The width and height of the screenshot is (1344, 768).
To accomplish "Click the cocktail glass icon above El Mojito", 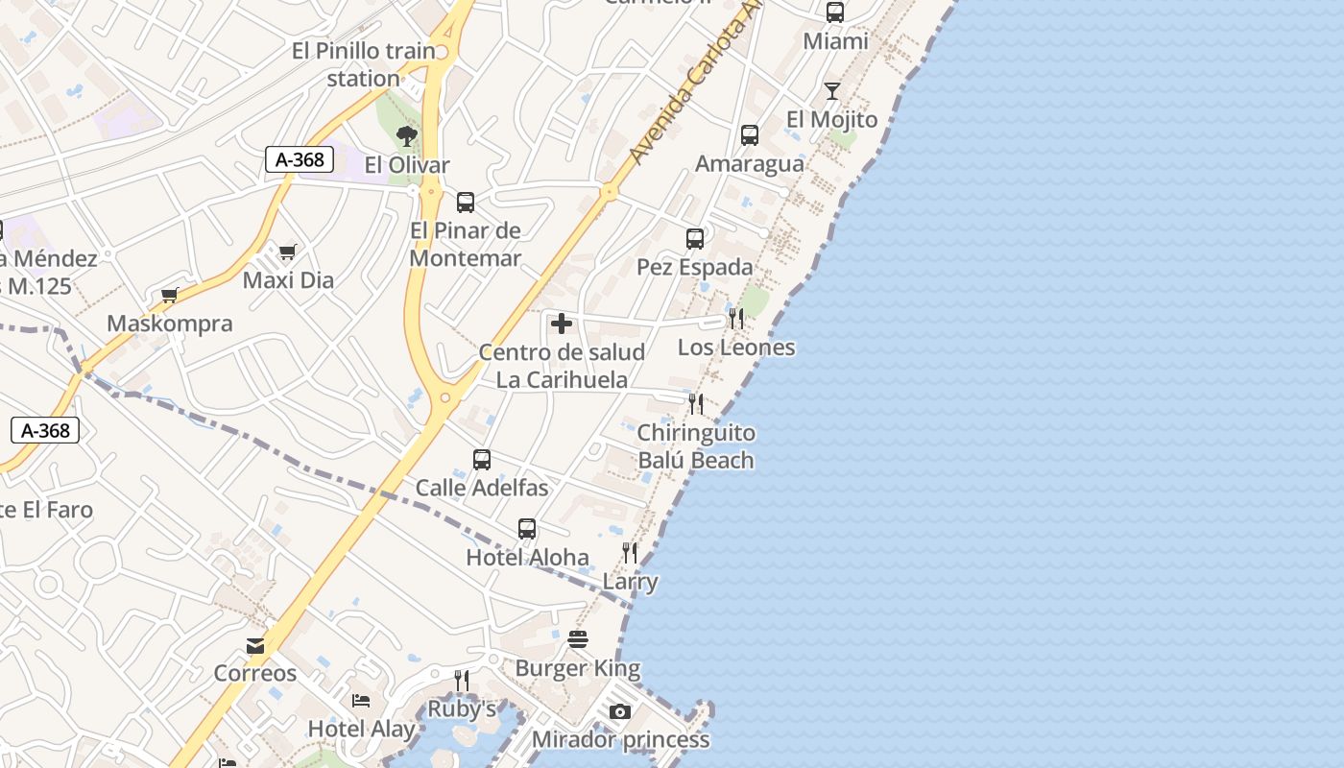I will click(x=831, y=91).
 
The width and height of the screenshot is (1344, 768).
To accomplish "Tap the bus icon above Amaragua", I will click(x=750, y=135).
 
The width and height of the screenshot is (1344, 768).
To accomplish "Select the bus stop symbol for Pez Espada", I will click(x=695, y=239).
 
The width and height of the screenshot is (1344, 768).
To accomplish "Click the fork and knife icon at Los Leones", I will click(x=736, y=319).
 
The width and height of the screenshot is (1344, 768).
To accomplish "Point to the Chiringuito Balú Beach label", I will click(x=696, y=446).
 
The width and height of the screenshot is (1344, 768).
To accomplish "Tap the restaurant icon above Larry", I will click(x=630, y=553).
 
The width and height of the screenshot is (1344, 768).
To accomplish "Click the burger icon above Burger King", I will click(x=577, y=639).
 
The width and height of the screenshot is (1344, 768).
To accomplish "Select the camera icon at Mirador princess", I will click(x=620, y=711).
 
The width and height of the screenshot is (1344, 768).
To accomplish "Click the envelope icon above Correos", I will click(x=255, y=646).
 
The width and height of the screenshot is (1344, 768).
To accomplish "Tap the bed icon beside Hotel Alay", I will click(x=361, y=701).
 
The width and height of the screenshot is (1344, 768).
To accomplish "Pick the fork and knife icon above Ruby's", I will click(x=462, y=681).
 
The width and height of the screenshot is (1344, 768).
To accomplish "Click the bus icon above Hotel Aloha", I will click(x=527, y=529).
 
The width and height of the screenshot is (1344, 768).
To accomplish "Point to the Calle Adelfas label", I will click(x=482, y=488).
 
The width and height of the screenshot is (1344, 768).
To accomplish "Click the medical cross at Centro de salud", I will click(x=562, y=324).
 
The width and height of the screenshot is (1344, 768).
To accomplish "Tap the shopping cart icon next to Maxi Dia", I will click(x=287, y=252).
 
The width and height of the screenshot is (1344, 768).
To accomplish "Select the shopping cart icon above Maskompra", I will click(x=170, y=296).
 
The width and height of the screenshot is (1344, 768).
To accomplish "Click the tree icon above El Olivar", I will click(x=407, y=136).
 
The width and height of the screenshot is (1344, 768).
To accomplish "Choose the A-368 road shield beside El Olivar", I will click(x=300, y=159).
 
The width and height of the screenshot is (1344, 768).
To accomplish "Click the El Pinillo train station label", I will click(x=364, y=64).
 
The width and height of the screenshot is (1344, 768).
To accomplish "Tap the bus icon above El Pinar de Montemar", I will click(x=466, y=203).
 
